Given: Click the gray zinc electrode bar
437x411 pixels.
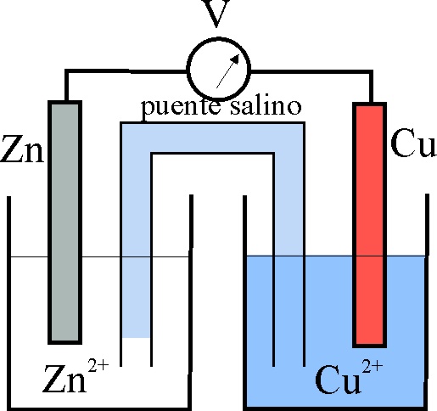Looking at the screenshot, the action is [65, 222].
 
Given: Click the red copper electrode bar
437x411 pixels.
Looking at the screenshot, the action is [369, 225].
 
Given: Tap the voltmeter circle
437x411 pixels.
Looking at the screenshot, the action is [219, 69].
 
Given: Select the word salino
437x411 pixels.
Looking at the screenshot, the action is [266, 106].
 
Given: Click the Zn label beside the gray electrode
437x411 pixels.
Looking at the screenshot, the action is [22, 149].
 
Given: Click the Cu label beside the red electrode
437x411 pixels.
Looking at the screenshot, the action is [413, 143].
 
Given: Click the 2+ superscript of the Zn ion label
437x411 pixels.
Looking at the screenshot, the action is [98, 365].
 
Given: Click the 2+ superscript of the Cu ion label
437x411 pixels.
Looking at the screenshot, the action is [373, 366].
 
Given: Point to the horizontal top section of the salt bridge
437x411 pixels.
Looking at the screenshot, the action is [213, 138].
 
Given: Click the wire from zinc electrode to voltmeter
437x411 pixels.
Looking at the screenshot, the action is [126, 70].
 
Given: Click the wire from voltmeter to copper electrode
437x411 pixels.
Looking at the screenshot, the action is [311, 72].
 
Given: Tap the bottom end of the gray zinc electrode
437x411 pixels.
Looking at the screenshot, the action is [65, 343].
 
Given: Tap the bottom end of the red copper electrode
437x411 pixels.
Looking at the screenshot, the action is [369, 346].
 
